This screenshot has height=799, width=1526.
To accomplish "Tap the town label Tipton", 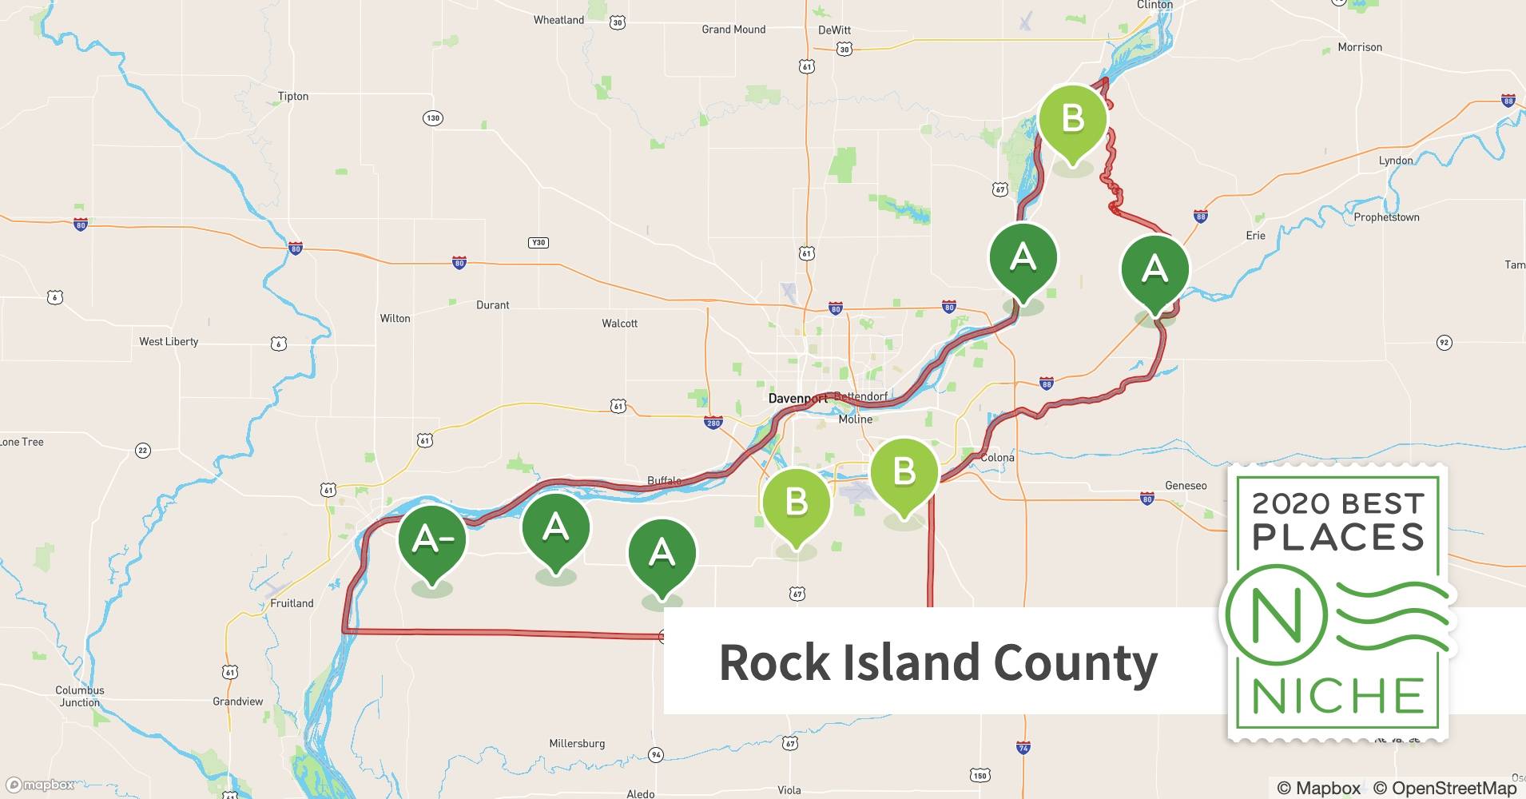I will [x=292, y=97].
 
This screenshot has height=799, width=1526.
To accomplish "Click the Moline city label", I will [x=856, y=419].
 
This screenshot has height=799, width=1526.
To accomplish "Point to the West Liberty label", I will [x=169, y=342].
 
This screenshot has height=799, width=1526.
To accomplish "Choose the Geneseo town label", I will [x=1186, y=486].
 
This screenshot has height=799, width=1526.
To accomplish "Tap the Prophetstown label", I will [x=1386, y=217].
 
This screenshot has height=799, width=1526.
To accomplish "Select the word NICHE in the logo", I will [x=1337, y=697].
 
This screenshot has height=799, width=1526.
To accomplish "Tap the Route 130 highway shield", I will [x=432, y=118].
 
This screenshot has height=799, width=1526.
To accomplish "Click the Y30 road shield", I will [x=538, y=243].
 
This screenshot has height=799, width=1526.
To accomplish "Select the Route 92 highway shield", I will [x=1444, y=343].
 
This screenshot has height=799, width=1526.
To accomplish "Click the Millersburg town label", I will [x=577, y=744].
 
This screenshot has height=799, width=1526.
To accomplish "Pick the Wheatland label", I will [x=558, y=20].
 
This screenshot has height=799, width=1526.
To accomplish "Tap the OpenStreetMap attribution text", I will [x=1445, y=788].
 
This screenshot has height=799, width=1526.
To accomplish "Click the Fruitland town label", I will [x=292, y=604].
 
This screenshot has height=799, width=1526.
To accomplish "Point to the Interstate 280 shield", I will [x=713, y=423].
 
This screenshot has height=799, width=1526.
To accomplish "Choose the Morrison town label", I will [x=1360, y=47].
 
